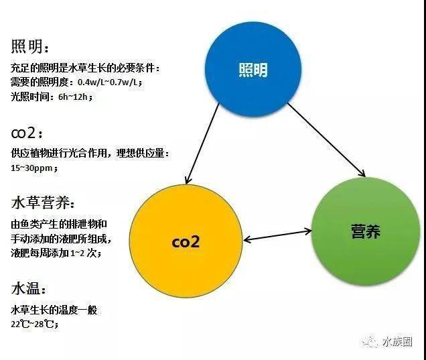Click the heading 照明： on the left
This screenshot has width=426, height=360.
click(29, 47)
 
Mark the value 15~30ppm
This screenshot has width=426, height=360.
click(33, 168)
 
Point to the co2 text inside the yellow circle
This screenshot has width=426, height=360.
click(186, 241)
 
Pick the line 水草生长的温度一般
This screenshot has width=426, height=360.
click(54, 310)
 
